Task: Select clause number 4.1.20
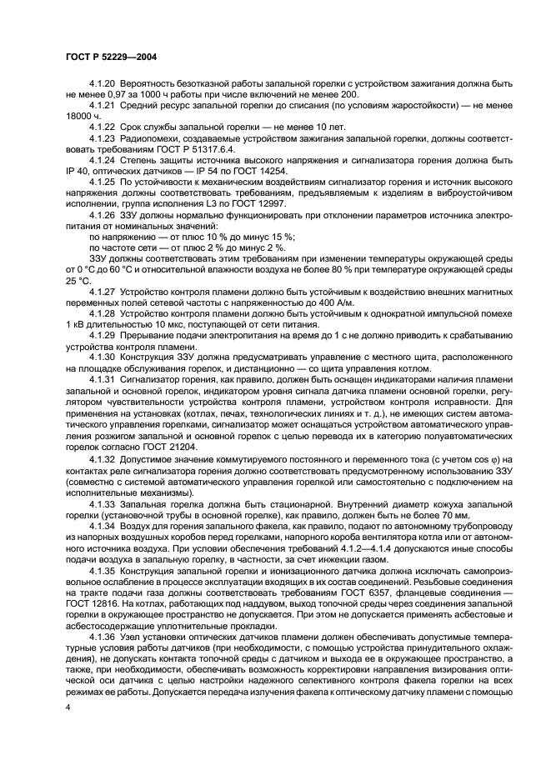[x=103, y=85]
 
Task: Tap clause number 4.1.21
[x=103, y=109]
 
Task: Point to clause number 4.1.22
[x=103, y=133]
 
